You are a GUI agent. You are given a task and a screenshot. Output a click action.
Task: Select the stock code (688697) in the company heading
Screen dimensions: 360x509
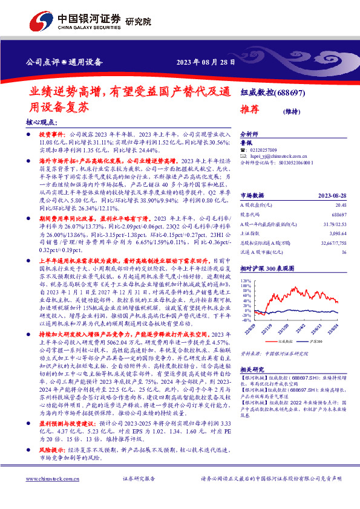click(x=289, y=93)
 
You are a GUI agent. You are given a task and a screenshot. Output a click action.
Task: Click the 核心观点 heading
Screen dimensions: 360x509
click(x=41, y=122)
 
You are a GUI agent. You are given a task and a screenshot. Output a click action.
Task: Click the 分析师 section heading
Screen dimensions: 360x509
click(x=249, y=135)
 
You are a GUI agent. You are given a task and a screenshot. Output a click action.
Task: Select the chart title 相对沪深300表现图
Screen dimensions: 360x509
click(x=266, y=268)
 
